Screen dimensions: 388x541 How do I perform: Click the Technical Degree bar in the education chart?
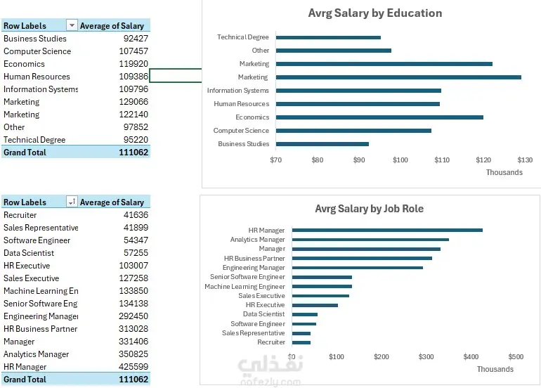tap(328, 37)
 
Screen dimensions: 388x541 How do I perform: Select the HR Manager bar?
tap(387, 230)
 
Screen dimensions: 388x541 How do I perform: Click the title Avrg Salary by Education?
tap(375, 13)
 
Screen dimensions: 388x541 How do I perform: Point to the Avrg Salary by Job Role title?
tap(369, 209)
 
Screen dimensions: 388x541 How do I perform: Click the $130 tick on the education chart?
tap(524, 160)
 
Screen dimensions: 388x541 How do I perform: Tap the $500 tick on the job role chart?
tap(516, 357)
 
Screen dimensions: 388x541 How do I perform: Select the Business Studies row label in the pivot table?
tap(35, 39)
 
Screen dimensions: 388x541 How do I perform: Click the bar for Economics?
tap(379, 117)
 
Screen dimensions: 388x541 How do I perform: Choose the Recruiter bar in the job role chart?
tap(301, 342)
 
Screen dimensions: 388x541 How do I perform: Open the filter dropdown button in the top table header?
tap(71, 26)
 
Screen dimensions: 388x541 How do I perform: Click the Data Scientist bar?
tap(304, 314)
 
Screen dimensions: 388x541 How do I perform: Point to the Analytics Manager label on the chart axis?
tap(258, 240)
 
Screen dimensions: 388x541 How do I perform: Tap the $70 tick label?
tap(276, 160)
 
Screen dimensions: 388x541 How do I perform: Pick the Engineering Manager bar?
tap(357, 268)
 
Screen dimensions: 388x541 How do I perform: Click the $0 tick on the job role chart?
tap(292, 357)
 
